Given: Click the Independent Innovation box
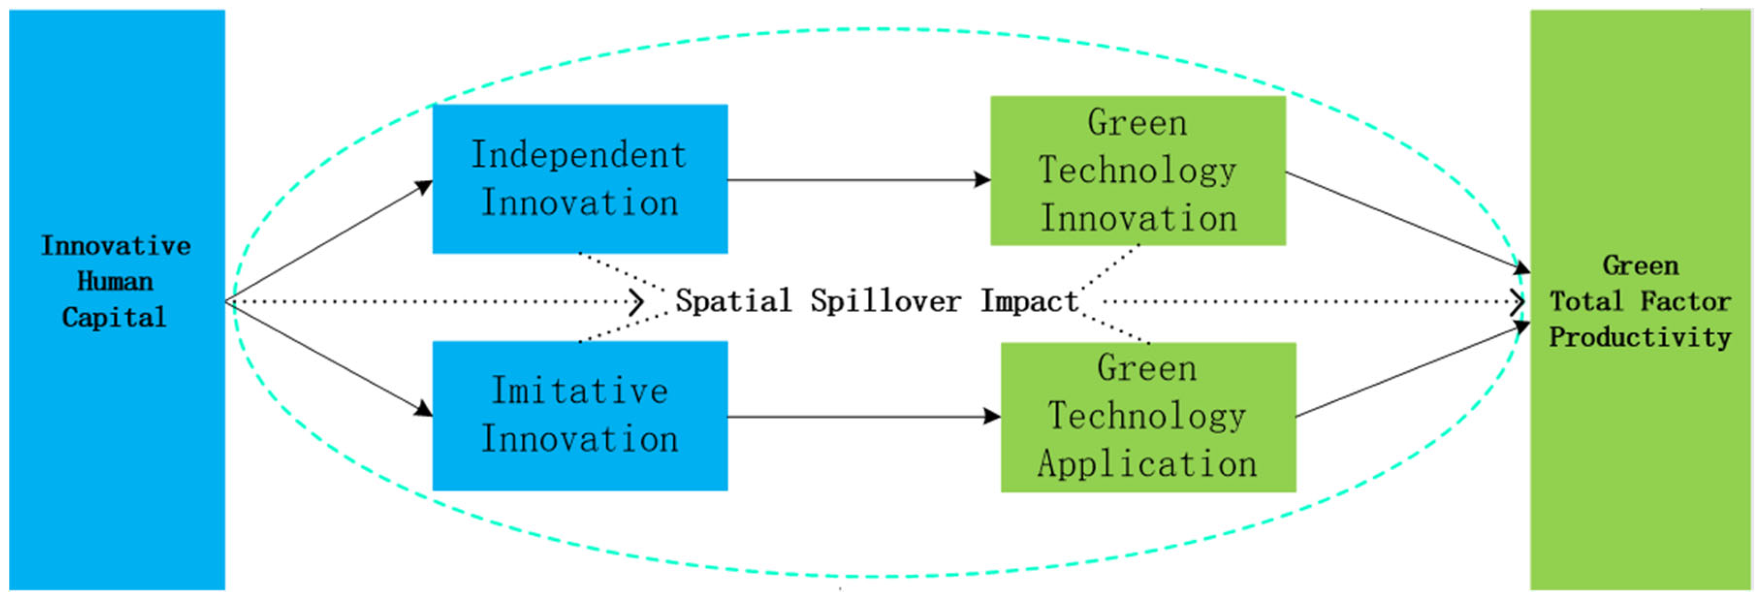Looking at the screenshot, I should tap(580, 179).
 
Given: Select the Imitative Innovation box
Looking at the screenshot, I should tap(580, 415).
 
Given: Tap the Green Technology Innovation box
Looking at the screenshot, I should tap(1138, 170).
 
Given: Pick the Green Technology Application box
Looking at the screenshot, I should tap(1148, 417).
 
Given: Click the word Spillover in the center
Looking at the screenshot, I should tap(885, 301).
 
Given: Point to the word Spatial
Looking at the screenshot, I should tap(733, 301).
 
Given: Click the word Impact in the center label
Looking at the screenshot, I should tap(1029, 301).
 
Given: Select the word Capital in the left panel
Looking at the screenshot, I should tap(115, 317).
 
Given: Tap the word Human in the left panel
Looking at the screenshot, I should tap(115, 281).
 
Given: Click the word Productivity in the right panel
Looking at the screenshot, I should tap(1639, 337).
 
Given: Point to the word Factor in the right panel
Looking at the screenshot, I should tap(1686, 301).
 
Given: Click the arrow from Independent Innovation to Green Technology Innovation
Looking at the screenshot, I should tap(859, 180).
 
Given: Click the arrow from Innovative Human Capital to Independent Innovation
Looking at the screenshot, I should tap(328, 241).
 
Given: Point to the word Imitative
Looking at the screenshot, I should tap(580, 391).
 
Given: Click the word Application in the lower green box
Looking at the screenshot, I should tap(1148, 464).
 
